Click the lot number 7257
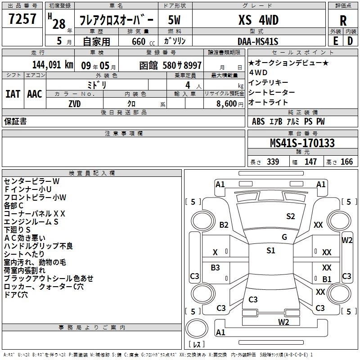pos(22,18)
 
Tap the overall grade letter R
pos(343,21)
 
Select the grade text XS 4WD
pos(258,20)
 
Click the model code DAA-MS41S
pos(258,41)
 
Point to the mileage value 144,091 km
pos(53,65)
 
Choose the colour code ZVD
pos(75,104)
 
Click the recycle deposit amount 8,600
pos(226,103)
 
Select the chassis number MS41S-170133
pos(302,143)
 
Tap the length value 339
pos(273,162)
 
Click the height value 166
pos(346,162)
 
